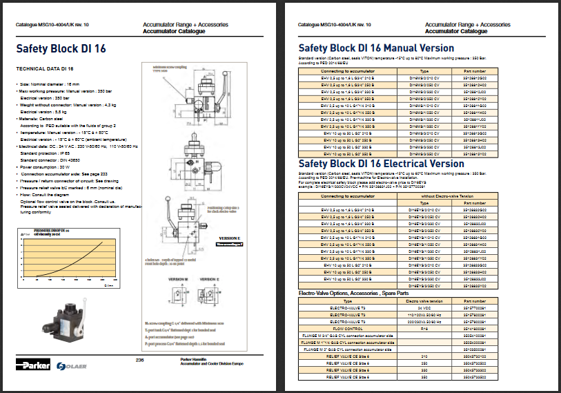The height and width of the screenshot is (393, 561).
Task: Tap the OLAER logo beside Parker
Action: click(71, 365)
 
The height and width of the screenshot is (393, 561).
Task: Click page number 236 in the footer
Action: click(139, 360)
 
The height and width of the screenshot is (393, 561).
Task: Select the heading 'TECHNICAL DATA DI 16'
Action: click(44, 69)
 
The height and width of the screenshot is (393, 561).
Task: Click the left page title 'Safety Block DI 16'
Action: click(61, 48)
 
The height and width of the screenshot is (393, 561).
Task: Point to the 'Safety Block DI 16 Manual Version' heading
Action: click(376, 48)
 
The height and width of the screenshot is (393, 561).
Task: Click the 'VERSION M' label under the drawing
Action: click(177, 280)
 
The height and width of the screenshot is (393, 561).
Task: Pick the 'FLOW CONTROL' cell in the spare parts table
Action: click(348, 328)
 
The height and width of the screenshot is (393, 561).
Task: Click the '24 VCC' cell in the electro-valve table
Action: click(424, 308)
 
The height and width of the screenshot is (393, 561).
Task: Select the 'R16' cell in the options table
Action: click(424, 328)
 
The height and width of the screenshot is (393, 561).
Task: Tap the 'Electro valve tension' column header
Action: click(424, 301)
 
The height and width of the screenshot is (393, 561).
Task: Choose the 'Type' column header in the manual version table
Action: click(424, 70)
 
